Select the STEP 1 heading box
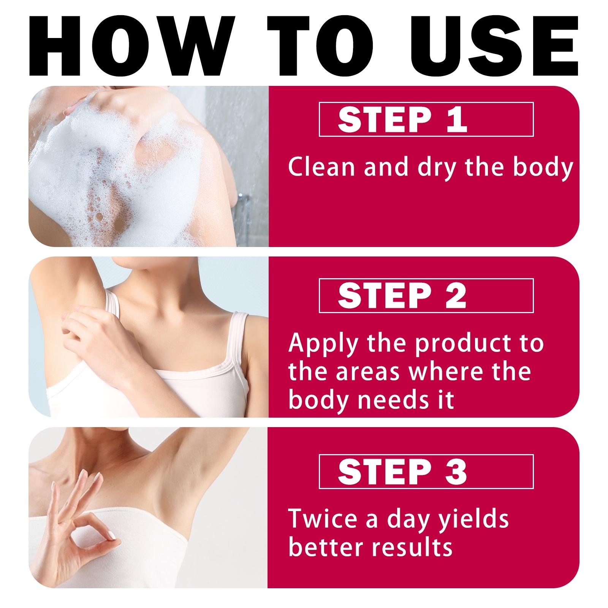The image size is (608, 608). pos(426,119)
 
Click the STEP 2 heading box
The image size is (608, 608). pos(426,296)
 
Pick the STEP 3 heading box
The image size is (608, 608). pos(426,472)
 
